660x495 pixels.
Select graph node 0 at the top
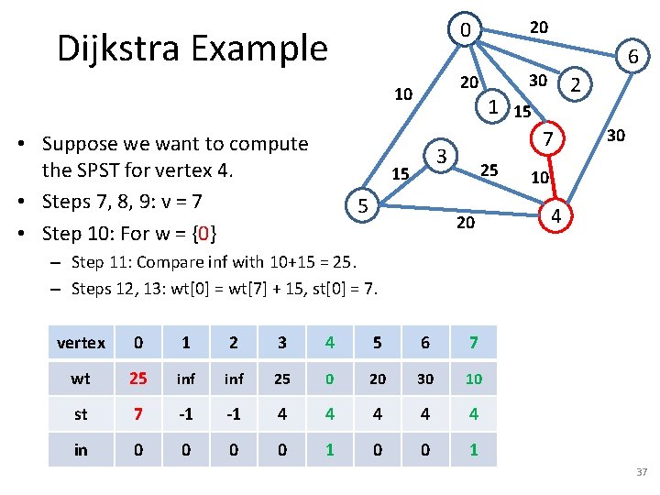pos(466,33)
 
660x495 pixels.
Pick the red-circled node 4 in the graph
pos(554,216)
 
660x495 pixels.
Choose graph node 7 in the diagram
pos(546,139)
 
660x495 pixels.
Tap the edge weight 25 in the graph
pos(489,170)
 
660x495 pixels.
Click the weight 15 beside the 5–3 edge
pos(400,173)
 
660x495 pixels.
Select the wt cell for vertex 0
pos(137,379)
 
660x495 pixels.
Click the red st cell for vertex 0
pos(137,413)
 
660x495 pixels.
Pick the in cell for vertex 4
pos(329,450)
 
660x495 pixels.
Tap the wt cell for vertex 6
pos(425,379)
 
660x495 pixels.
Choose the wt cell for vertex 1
pos(185,379)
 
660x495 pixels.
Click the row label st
pos(81,413)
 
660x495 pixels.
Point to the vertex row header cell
pos(81,343)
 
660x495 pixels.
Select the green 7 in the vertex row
pos(473,343)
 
